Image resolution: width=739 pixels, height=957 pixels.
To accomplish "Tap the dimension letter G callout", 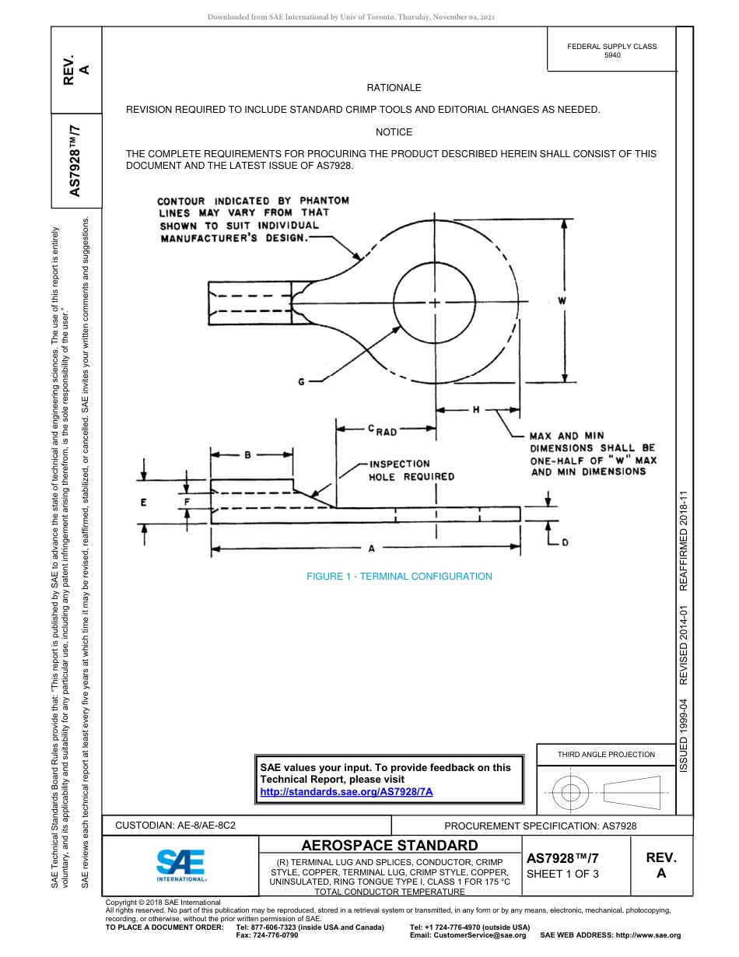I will point(301,381).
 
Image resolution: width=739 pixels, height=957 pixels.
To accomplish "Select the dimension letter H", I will point(476,409).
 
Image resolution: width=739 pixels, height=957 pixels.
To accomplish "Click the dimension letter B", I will point(247,455).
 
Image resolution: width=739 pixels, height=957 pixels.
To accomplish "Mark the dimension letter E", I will point(144,503).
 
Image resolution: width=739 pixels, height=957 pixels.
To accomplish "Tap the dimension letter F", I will point(187,503).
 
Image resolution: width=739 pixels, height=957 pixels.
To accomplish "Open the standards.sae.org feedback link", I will point(345,791).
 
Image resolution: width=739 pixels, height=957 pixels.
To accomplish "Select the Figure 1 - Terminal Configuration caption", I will point(399,577).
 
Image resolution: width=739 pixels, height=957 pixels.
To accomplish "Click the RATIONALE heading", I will point(394,88).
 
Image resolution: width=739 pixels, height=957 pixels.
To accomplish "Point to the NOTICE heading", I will point(394,132).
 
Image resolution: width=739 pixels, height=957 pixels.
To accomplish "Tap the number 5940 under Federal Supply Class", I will point(612,56).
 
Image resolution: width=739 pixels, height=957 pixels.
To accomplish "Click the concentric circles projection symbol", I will point(572,794).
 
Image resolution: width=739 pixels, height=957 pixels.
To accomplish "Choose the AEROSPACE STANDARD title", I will point(390,846).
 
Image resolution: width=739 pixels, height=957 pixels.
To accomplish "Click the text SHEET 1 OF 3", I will point(562,874).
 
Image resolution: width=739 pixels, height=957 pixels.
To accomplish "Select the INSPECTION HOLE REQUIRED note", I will point(400,470).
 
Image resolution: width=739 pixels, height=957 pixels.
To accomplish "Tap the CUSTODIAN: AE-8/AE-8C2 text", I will point(176,825).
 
